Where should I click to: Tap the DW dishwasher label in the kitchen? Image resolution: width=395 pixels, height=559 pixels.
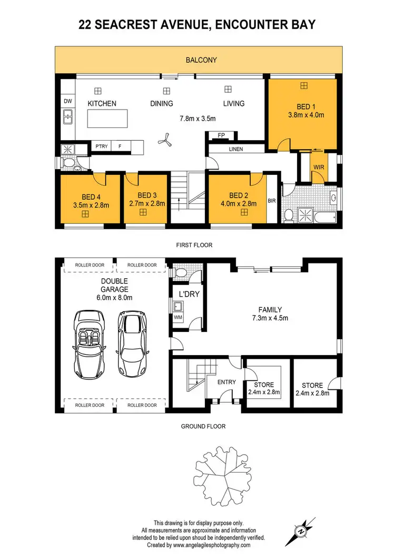[67, 101]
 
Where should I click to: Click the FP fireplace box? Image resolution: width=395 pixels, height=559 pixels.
[222, 136]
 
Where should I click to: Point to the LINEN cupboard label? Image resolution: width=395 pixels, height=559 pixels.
[235, 149]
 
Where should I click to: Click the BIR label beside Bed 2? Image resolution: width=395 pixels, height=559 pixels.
[272, 201]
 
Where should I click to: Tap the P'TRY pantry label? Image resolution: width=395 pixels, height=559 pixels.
[101, 146]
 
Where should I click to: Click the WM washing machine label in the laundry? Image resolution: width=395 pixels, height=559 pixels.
[177, 318]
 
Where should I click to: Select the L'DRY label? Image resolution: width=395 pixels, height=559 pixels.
[189, 294]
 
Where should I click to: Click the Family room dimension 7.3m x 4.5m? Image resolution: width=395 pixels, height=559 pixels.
[269, 318]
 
